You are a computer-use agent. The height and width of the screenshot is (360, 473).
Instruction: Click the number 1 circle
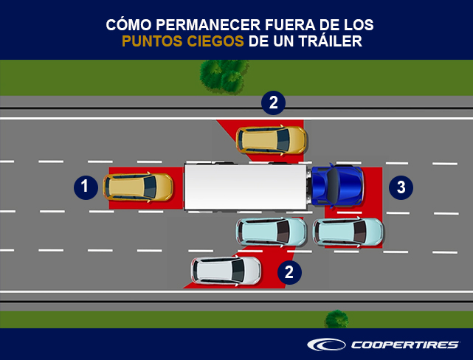tap(86, 187)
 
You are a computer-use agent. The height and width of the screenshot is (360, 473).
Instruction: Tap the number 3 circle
tap(401, 187)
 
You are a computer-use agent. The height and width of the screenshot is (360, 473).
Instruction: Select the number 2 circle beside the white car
tap(289, 272)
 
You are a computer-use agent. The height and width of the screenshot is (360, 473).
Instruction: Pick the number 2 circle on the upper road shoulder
tap(273, 103)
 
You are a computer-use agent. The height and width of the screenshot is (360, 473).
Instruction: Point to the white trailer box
tap(246, 187)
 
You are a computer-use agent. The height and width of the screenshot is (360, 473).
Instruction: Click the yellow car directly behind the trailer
tap(138, 187)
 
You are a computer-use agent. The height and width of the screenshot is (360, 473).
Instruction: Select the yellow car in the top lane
tap(272, 140)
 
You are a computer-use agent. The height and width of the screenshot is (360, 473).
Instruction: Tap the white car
tap(226, 271)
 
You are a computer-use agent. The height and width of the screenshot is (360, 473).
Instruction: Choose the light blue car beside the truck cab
tap(348, 232)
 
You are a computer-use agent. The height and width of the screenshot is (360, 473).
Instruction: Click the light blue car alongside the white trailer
tap(272, 232)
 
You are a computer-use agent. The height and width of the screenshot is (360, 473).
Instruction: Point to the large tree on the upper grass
tap(224, 76)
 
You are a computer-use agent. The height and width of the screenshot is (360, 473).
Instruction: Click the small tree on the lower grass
tap(336, 319)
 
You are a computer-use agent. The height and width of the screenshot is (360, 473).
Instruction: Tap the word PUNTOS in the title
tap(152, 41)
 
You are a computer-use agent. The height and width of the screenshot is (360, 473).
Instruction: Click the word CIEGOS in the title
tap(215, 41)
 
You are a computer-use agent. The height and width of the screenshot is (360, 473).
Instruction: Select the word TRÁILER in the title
tap(331, 41)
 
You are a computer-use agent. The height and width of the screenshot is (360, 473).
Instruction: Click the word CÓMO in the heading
tap(128, 25)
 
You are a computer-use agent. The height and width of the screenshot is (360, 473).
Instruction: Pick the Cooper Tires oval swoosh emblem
tap(326, 345)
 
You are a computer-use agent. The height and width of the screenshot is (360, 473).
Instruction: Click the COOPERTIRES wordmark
tap(405, 345)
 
